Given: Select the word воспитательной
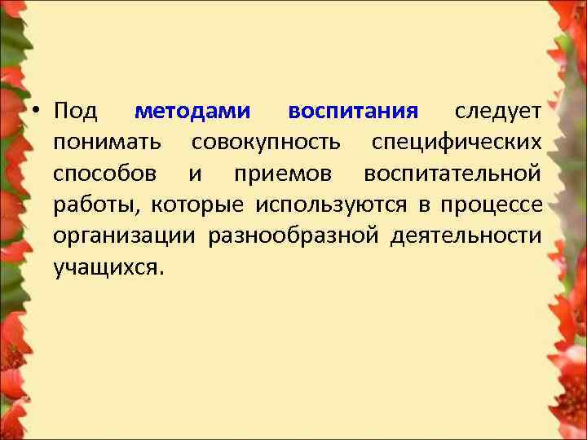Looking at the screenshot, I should tap(452, 174).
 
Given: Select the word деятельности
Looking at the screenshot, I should tap(465, 236).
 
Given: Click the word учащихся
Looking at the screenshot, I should tap(108, 267).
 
